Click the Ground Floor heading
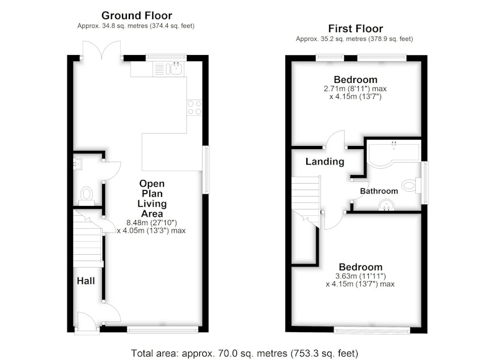click(137, 15)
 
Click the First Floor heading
click(355, 28)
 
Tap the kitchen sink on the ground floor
click(168, 69)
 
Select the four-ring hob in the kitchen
click(194, 108)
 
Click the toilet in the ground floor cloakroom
click(87, 195)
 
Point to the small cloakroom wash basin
click(77, 164)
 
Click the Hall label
click(86, 281)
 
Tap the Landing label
click(325, 161)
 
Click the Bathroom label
click(379, 191)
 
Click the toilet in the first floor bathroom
click(412, 185)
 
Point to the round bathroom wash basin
click(386, 205)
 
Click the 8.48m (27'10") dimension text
click(152, 223)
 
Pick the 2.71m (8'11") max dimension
click(355, 88)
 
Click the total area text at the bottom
click(244, 353)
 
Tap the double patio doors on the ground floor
click(101, 50)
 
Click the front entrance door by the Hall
click(87, 322)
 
